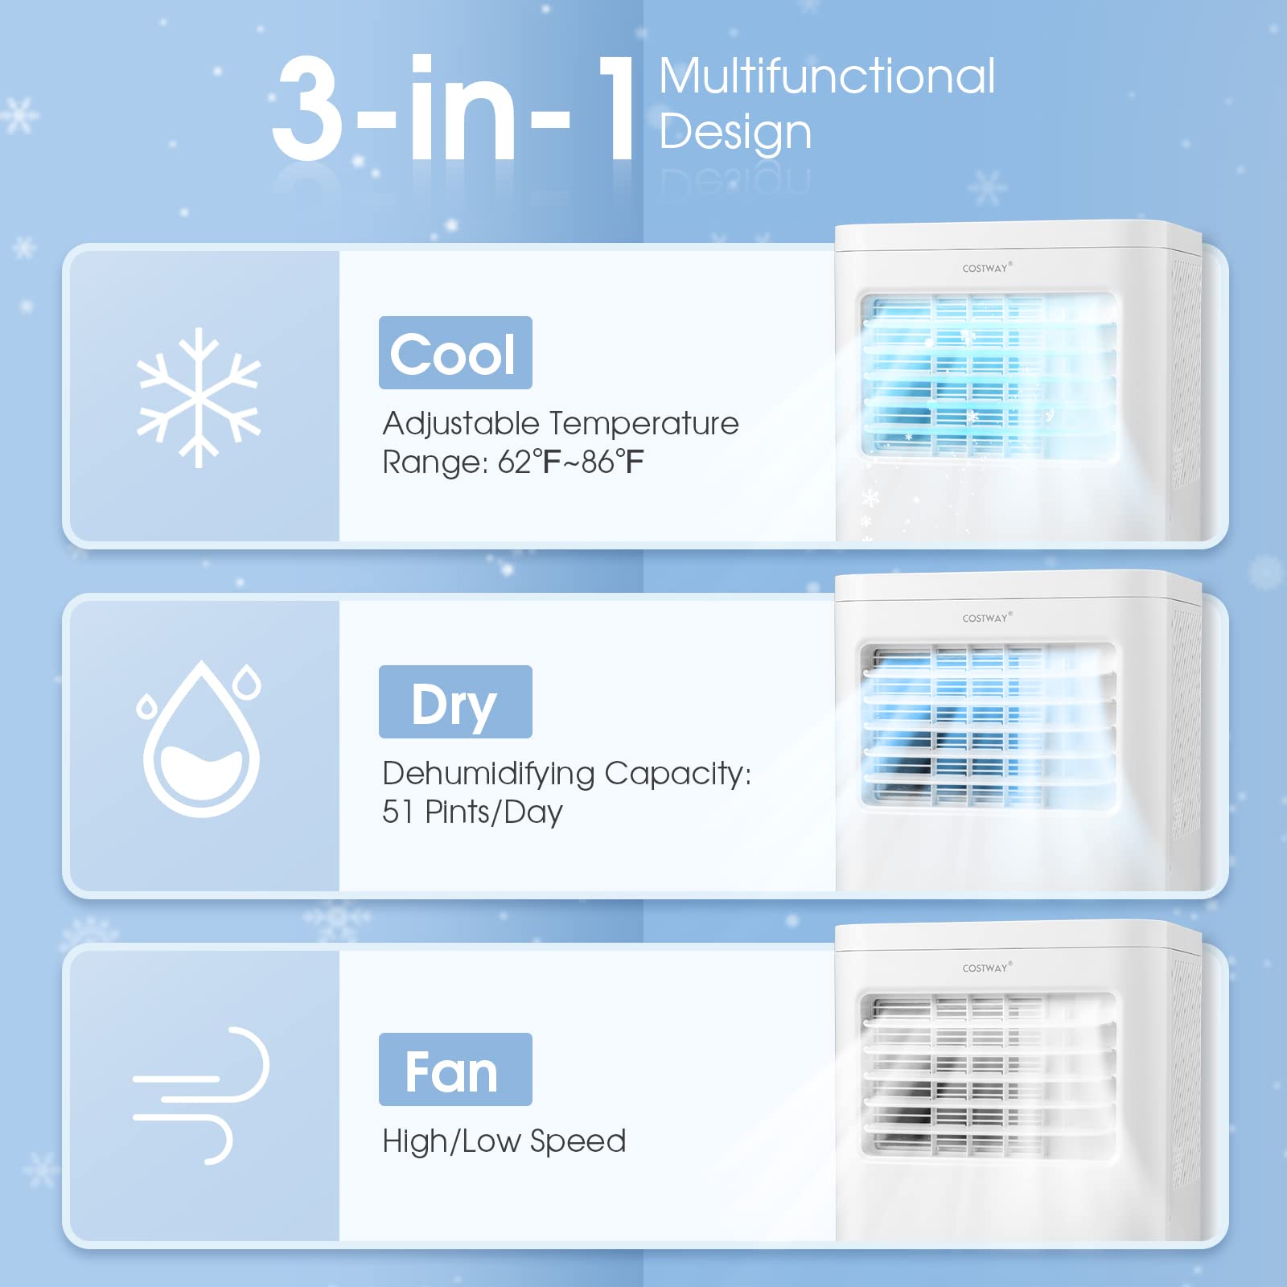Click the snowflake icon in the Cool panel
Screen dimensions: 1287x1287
(199, 397)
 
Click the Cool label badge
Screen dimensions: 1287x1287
(455, 353)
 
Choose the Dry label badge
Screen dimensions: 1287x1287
(455, 702)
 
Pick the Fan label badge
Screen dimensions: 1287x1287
(455, 1070)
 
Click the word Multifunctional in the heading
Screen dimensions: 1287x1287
(827, 76)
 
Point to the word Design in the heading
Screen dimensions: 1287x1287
(735, 133)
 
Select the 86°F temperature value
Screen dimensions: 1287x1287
(613, 463)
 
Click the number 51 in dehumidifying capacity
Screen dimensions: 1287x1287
(398, 812)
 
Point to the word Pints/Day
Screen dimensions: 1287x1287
(494, 812)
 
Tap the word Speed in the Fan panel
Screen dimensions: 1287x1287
(578, 1141)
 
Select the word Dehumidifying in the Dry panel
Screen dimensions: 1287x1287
(488, 774)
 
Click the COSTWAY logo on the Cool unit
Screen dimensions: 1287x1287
(986, 268)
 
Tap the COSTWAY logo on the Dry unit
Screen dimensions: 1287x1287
(986, 618)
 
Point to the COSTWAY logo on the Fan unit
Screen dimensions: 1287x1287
(986, 968)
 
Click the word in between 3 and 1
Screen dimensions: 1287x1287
(463, 109)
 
